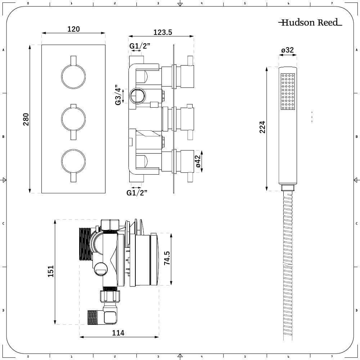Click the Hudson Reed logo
(310, 23)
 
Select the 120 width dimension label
(73, 29)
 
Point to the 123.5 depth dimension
(163, 32)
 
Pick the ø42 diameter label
(198, 161)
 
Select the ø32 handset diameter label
(288, 50)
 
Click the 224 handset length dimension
(262, 127)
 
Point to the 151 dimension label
(51, 271)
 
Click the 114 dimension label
(118, 333)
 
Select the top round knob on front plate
(73, 76)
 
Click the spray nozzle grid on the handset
(288, 91)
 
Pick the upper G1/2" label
(140, 46)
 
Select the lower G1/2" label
(137, 193)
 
